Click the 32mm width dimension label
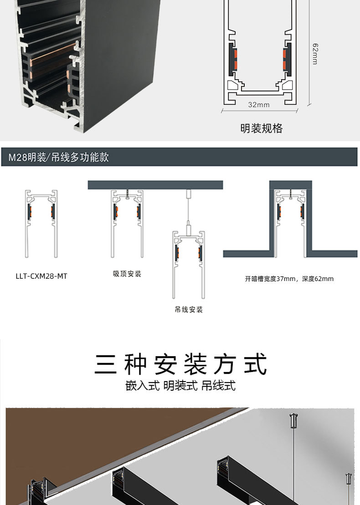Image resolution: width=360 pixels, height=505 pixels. pyautogui.click(x=258, y=105)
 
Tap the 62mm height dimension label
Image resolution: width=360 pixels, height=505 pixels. pyautogui.click(x=315, y=54)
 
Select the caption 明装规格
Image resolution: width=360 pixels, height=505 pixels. pyautogui.click(x=261, y=128)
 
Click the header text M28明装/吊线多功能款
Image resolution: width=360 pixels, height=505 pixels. pyautogui.click(x=59, y=158)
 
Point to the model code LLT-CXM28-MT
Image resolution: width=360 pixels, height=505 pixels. pyautogui.click(x=41, y=276)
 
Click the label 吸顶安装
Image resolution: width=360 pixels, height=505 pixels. pyautogui.click(x=127, y=274)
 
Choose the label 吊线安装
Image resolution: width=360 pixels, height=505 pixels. pyautogui.click(x=188, y=310)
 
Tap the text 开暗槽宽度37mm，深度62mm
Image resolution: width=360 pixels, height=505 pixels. pyautogui.click(x=289, y=279)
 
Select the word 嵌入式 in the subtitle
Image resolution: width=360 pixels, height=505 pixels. pyautogui.click(x=142, y=386)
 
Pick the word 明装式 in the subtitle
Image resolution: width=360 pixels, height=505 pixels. pyautogui.click(x=180, y=386)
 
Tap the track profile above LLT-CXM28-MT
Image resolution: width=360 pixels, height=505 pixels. pyautogui.click(x=41, y=223)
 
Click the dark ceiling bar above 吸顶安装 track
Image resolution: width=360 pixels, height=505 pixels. pyautogui.click(x=155, y=185)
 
